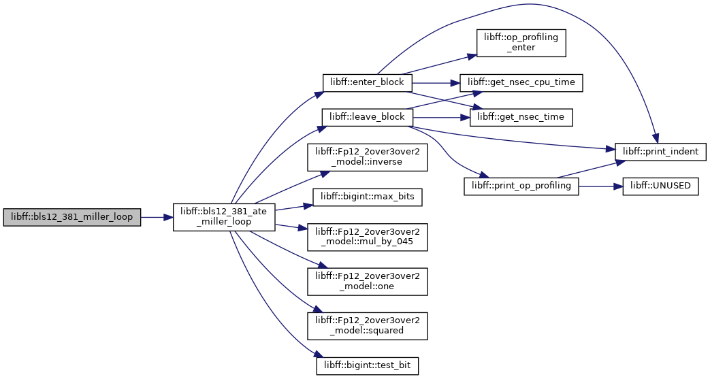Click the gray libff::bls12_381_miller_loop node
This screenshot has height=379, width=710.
tap(72, 217)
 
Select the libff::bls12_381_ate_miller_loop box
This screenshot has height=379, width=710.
tap(224, 217)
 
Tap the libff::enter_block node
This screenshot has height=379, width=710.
tap(367, 83)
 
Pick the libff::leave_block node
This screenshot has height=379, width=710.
tap(367, 117)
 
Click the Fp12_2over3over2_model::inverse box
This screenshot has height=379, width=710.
tap(367, 157)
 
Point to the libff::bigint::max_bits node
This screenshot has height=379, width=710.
tap(367, 197)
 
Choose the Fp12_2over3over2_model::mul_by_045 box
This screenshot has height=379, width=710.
tap(367, 237)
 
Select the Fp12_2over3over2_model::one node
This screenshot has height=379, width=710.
tap(367, 282)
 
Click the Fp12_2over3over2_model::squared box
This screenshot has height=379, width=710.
tap(367, 326)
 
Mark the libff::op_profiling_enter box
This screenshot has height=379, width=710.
tap(521, 43)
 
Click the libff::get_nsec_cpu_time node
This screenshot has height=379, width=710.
tap(521, 83)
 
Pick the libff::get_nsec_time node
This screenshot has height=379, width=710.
tap(521, 117)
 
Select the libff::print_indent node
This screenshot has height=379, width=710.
tap(659, 152)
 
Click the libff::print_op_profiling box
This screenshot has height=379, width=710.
tap(521, 186)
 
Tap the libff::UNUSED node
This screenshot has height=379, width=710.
tap(660, 186)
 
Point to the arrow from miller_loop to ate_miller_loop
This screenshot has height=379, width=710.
tap(157, 217)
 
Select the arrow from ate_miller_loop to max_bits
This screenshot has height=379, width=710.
tap(294, 208)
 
